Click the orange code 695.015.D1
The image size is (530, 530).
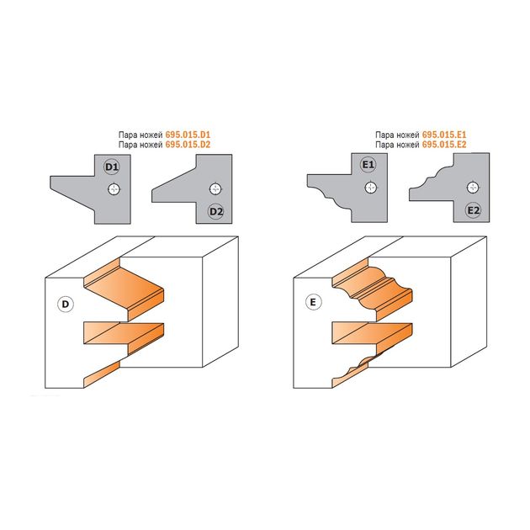pyautogui.click(x=188, y=135)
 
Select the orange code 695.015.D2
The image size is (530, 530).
pyautogui.click(x=188, y=145)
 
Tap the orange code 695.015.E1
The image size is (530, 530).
pyautogui.click(x=444, y=135)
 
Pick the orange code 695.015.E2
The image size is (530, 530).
pyautogui.click(x=444, y=145)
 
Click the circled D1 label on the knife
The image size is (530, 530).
pyautogui.click(x=112, y=167)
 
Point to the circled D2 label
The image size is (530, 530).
pyautogui.click(x=216, y=212)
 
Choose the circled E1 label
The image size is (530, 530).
pyautogui.click(x=368, y=165)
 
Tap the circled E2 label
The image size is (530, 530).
pyautogui.click(x=473, y=210)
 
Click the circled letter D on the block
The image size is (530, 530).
pyautogui.click(x=66, y=305)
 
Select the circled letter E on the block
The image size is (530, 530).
pyautogui.click(x=313, y=302)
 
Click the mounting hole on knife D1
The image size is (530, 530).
pyautogui.click(x=114, y=189)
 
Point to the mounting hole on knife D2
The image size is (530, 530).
pyautogui.click(x=215, y=189)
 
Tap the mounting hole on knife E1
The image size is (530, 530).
pyautogui.click(x=371, y=188)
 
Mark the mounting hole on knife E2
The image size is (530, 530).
pyautogui.click(x=473, y=188)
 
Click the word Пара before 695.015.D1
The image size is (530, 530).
pyautogui.click(x=128, y=135)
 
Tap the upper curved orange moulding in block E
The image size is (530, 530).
pyautogui.click(x=373, y=289)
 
